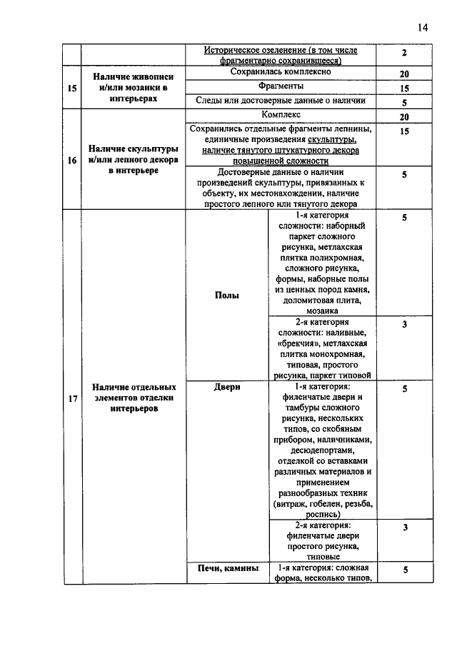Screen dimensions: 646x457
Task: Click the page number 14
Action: [422, 27]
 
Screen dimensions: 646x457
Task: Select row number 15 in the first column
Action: [71, 88]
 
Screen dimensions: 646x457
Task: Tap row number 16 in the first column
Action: [71, 161]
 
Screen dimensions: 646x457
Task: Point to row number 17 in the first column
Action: [71, 398]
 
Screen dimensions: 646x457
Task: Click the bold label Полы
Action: [226, 295]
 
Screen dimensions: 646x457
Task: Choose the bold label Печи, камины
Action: [226, 568]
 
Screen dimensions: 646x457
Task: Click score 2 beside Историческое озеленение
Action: [404, 54]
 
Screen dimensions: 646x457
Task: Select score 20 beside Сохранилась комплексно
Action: [404, 74]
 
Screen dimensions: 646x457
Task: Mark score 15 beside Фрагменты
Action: [404, 89]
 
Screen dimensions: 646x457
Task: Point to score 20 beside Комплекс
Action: [404, 117]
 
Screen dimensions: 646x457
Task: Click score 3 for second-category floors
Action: [404, 325]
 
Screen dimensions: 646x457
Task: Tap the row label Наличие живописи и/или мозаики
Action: [134, 88]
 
